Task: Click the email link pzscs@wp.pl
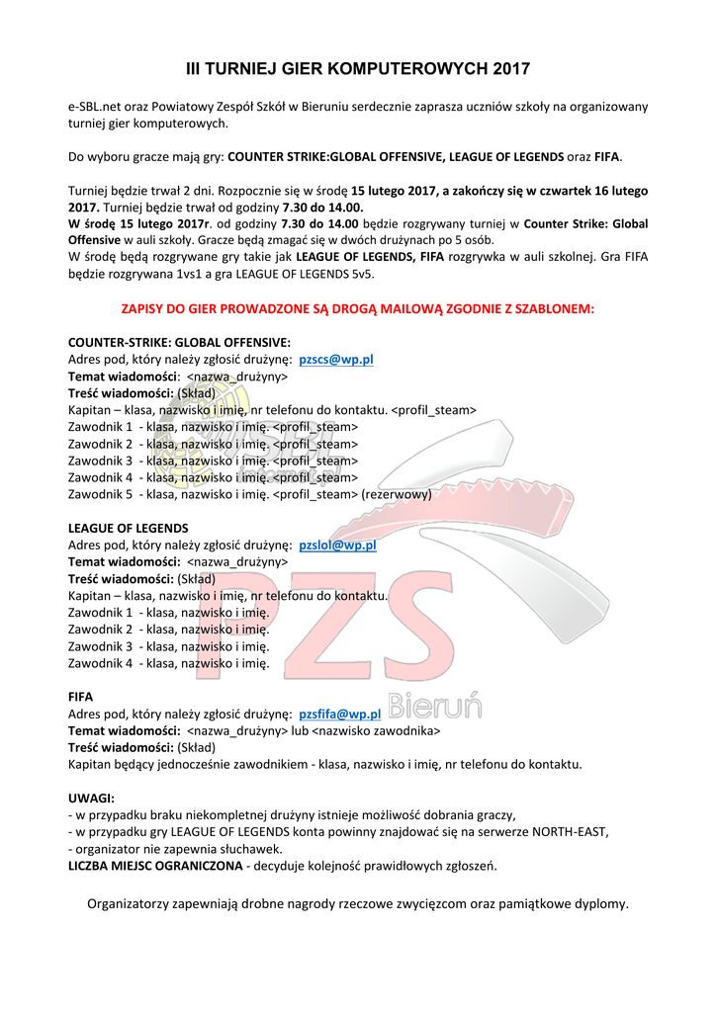pos(335,360)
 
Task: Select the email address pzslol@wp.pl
pos(337,545)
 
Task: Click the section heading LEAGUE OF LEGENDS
pos(128,528)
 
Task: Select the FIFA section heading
pos(80,697)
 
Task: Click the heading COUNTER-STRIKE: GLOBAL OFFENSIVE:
pos(179,343)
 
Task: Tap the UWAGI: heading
pos(91,798)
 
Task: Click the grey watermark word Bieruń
pos(434,707)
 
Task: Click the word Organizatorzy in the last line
pos(129,903)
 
